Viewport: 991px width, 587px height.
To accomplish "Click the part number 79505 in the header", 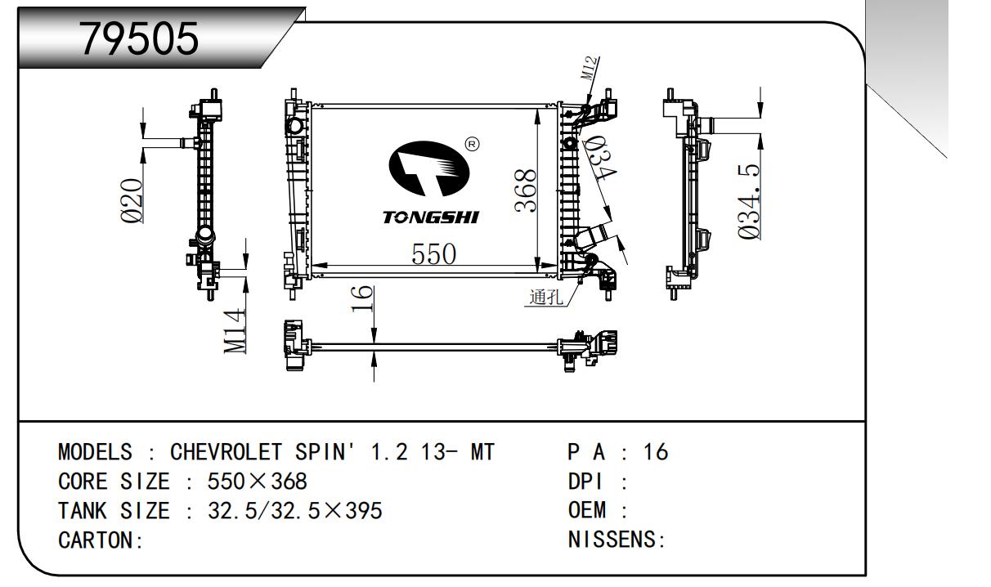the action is [x=138, y=39].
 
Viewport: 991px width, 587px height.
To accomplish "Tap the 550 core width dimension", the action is [x=433, y=254].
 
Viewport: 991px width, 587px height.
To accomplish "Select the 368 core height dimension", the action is [x=526, y=190].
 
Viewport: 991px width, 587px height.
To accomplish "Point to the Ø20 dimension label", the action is [x=132, y=200].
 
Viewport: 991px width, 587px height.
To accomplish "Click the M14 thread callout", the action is [x=235, y=331].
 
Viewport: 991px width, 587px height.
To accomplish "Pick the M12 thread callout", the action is [x=590, y=68].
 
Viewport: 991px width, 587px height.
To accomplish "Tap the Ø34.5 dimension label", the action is [x=749, y=202].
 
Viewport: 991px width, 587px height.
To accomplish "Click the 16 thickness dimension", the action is [x=362, y=298].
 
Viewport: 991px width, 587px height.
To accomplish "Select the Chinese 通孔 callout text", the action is [x=546, y=297].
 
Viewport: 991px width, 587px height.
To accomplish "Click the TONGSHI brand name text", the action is [x=430, y=217].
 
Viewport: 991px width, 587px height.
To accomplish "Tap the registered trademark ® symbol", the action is [x=472, y=144].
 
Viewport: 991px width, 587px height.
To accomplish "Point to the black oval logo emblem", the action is [x=429, y=168].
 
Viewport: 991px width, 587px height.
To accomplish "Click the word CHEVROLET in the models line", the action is [x=226, y=452].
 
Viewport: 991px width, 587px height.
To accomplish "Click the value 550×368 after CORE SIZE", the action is [x=257, y=482].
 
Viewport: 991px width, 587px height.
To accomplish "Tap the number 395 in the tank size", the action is [x=364, y=511].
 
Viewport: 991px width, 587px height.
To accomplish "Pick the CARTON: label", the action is [x=101, y=540].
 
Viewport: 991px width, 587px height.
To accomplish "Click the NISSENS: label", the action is [x=617, y=540].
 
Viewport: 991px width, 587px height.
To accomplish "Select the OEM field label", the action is [x=586, y=510].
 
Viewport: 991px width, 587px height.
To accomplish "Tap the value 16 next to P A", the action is [x=656, y=451].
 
